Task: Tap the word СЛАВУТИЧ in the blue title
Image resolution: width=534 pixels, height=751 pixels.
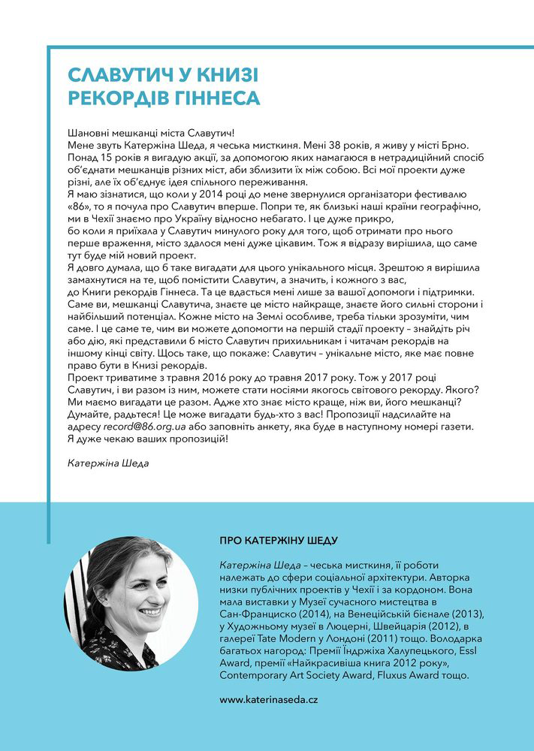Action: tap(115, 75)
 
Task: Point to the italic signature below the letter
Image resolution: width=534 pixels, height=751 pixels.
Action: tap(108, 463)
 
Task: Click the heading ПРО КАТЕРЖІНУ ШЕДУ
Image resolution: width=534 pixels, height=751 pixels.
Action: tap(278, 540)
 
